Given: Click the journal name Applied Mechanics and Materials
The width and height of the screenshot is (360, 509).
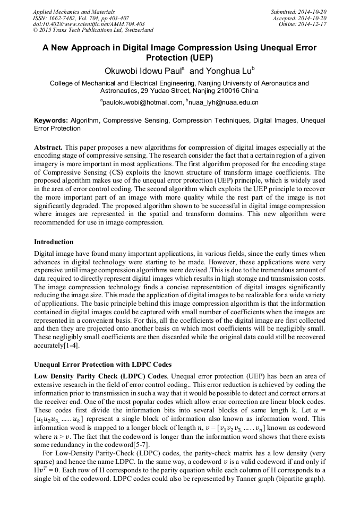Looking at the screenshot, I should pyautogui.click(x=74, y=11).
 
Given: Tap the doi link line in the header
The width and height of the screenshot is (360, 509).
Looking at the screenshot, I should pyautogui.click(x=88, y=24).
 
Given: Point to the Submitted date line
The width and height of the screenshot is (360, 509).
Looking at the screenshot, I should pyautogui.click(x=298, y=11).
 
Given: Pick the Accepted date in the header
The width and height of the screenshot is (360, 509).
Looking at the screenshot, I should pyautogui.click(x=300, y=18).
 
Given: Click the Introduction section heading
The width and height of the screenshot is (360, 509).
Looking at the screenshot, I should pyautogui.click(x=54, y=242).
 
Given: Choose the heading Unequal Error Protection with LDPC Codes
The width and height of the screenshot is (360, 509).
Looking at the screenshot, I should pyautogui.click(x=102, y=365).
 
